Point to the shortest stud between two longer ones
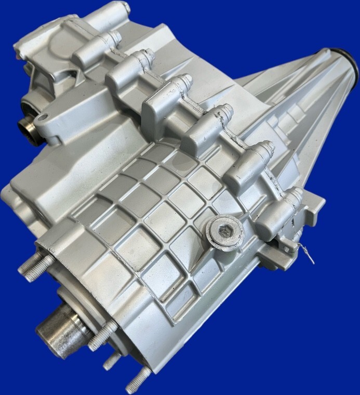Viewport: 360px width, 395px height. point(112,360)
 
